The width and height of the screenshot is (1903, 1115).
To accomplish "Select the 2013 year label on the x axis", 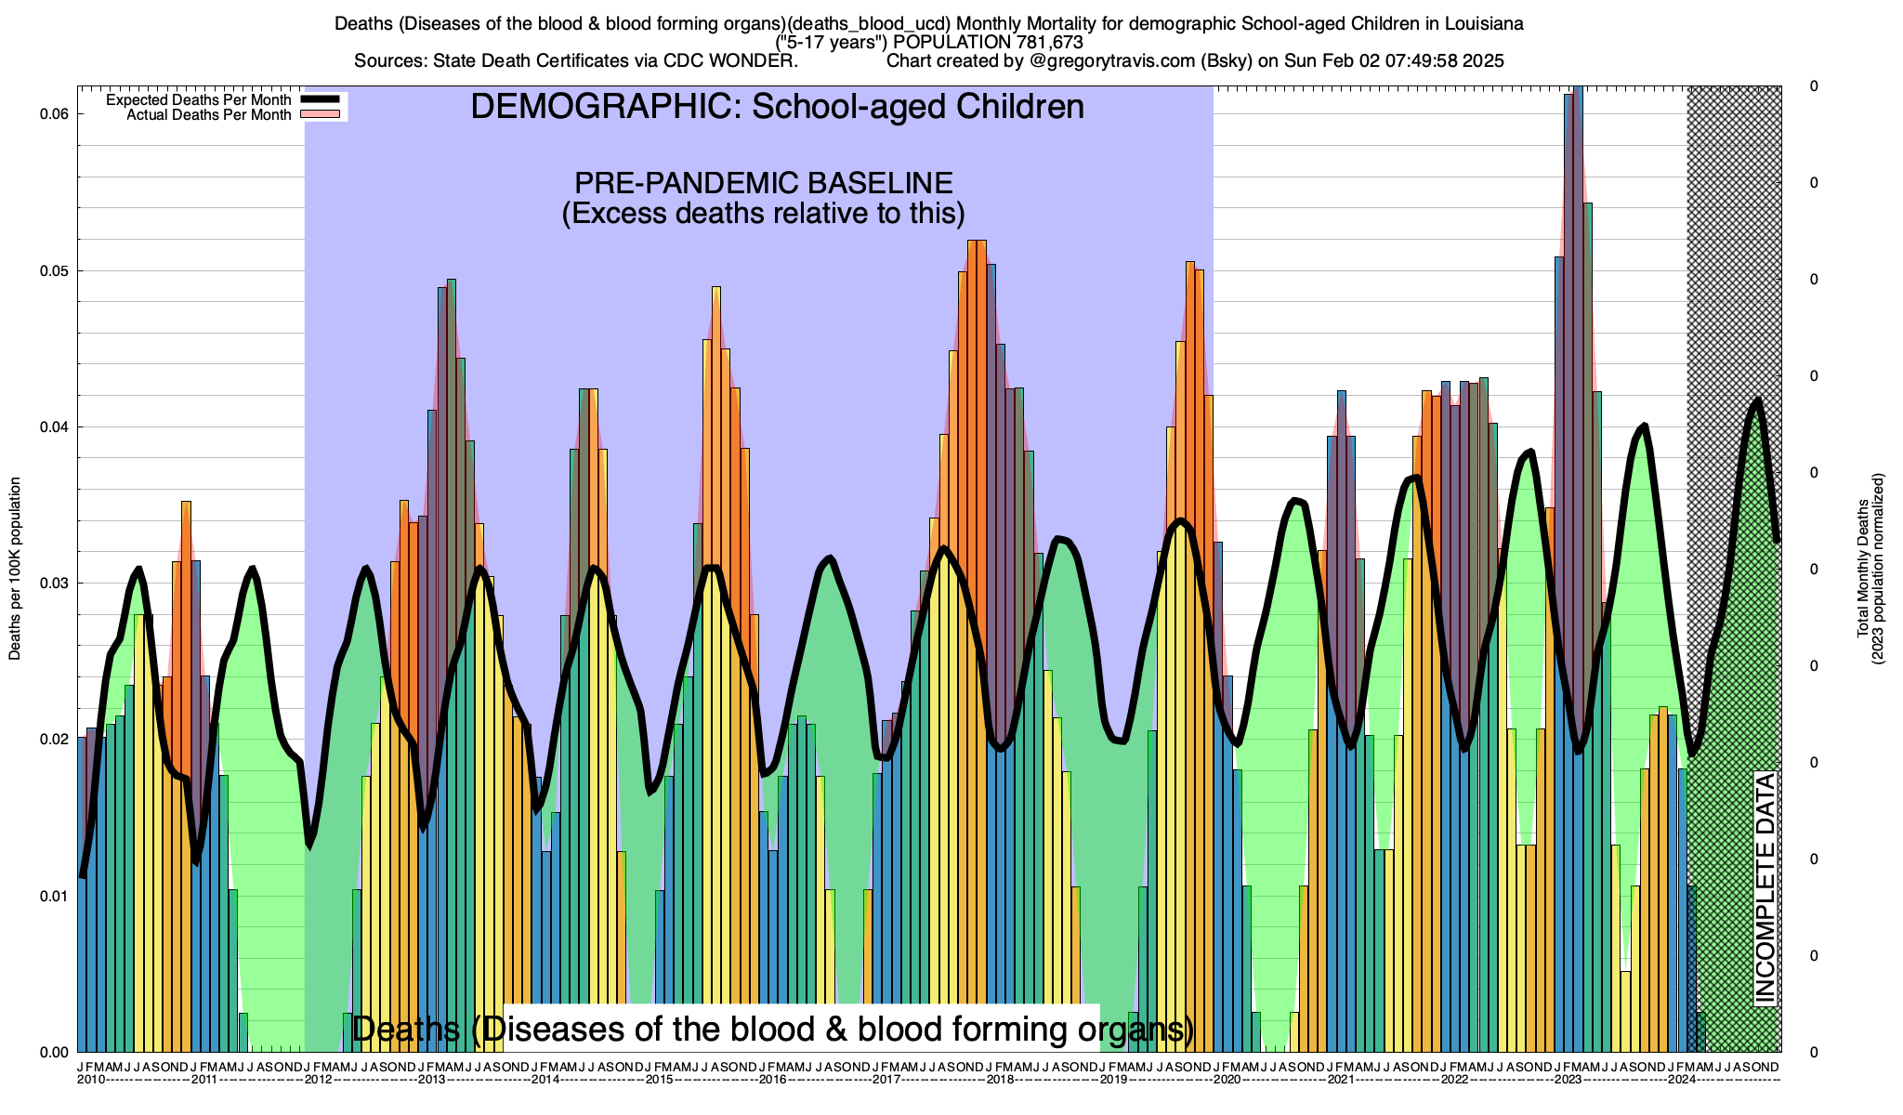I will coord(432,1080).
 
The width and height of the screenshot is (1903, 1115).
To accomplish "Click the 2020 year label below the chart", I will coord(1227,1080).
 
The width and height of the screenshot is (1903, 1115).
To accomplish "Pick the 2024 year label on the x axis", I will coord(1682,1080).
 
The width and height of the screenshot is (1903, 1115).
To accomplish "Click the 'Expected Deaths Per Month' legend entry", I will coord(199,99).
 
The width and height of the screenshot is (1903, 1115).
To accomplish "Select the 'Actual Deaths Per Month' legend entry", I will coord(209,114).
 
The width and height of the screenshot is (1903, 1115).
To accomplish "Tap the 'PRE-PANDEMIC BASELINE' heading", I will coord(763,182).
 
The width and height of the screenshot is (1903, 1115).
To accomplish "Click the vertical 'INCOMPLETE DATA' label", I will coord(1765,887).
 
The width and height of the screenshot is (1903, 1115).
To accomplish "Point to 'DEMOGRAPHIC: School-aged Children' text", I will coord(777,107).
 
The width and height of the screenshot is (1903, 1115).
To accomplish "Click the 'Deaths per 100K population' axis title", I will coord(15,569).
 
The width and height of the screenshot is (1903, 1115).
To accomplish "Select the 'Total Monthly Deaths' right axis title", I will coord(1862,569).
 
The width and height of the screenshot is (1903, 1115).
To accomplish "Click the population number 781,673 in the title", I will coord(1045,42).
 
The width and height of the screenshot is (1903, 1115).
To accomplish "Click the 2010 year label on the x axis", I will coord(91,1080).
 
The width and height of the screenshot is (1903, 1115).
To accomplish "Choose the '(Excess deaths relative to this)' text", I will coord(763,214).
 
